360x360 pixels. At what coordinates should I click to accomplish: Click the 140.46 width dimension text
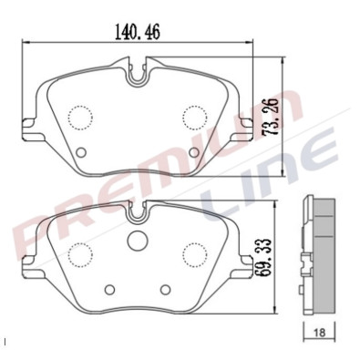tap(138, 30)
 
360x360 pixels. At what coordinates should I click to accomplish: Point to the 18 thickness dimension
tap(319, 334)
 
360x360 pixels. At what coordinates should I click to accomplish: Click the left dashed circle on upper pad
tap(81, 117)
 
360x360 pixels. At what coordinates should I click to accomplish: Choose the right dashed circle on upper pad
tap(195, 117)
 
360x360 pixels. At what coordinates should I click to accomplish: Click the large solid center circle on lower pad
tap(138, 242)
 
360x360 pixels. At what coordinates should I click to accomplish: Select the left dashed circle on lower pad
tap(81, 252)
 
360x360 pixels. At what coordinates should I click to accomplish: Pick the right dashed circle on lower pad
tap(194, 252)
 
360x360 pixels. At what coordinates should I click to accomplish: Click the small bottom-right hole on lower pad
tap(165, 289)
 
